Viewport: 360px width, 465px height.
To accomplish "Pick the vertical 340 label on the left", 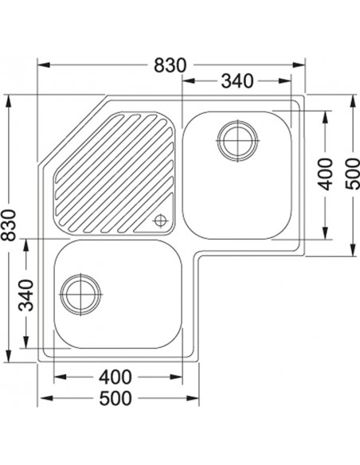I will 26,295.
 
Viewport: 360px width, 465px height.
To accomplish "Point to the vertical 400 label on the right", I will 324,174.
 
